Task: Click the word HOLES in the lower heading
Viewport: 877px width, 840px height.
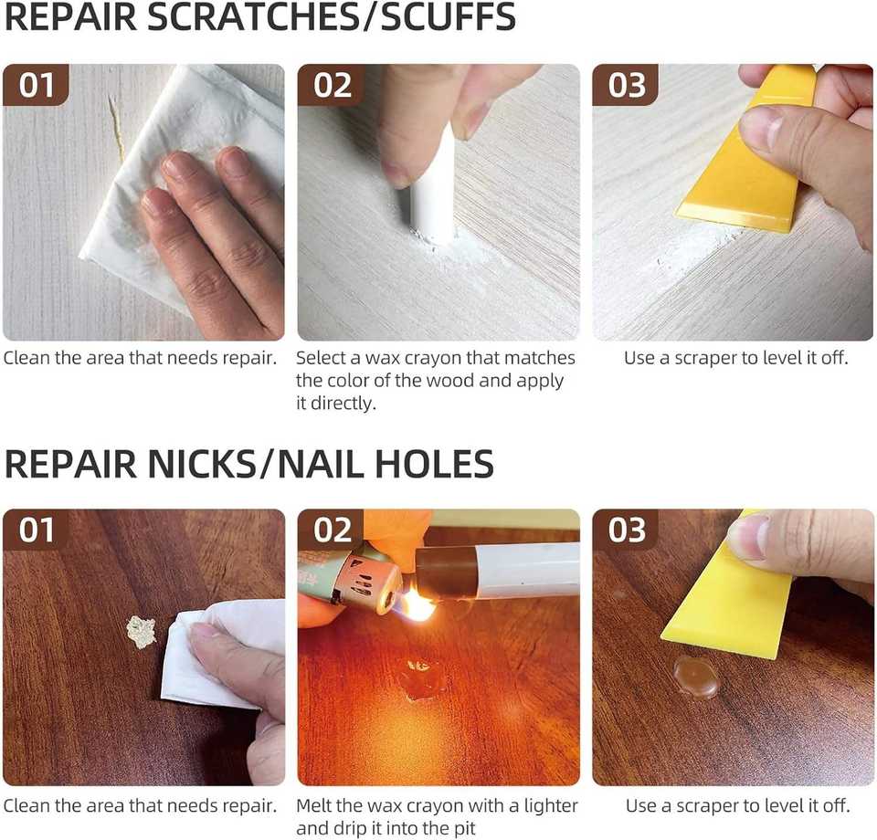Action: (x=434, y=463)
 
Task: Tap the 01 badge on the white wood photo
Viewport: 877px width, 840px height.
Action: (x=36, y=85)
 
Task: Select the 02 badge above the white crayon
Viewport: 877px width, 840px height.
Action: (x=332, y=85)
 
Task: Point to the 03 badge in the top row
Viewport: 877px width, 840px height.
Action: (x=627, y=85)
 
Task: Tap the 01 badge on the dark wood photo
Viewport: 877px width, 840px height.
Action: (x=36, y=530)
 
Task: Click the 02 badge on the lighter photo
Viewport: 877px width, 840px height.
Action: (x=332, y=530)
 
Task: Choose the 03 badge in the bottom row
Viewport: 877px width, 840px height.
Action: (x=627, y=530)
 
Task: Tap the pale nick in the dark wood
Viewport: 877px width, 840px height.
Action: (x=141, y=632)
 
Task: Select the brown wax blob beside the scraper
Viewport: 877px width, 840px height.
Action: (x=695, y=677)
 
